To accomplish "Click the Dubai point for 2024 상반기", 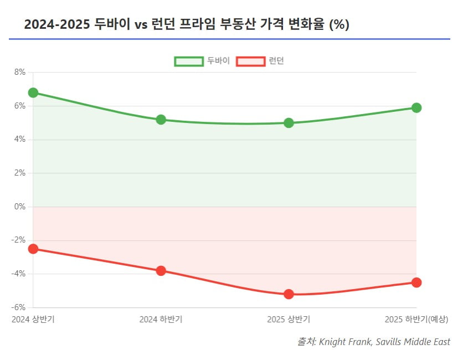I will tap(33, 92).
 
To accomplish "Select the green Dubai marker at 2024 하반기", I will tap(161, 120).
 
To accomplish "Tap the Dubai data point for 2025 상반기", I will tap(289, 123).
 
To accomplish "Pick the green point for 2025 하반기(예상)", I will tap(416, 107).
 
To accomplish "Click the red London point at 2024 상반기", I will tap(33, 249).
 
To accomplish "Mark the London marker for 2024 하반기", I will tap(161, 271).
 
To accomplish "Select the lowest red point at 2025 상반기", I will tap(289, 294).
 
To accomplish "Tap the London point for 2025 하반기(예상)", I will tap(416, 282).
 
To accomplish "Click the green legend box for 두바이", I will tap(188, 61).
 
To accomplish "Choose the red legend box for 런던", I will tap(250, 61).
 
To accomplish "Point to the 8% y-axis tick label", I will tap(20, 72).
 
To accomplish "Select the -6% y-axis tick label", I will tap(18, 307).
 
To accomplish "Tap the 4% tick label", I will tap(20, 140).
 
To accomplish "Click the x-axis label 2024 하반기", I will tap(161, 320).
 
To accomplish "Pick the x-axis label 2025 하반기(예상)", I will tap(416, 320).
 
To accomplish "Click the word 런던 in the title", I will tap(160, 25).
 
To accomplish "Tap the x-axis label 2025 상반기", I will tap(289, 320).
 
